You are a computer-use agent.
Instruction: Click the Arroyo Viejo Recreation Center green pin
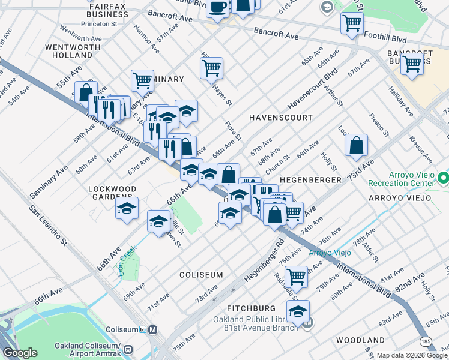(x=444, y=178)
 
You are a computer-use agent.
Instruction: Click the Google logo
(x=20, y=353)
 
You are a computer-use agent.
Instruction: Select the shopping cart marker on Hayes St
(x=211, y=68)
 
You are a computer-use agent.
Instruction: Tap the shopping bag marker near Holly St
(x=357, y=144)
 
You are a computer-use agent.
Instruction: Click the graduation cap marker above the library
(x=298, y=311)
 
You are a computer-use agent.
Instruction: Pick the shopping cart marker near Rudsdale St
(x=297, y=276)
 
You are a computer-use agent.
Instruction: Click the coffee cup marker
(x=217, y=7)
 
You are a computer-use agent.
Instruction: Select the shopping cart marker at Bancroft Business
(x=412, y=62)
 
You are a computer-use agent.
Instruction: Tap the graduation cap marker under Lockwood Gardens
(x=127, y=208)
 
